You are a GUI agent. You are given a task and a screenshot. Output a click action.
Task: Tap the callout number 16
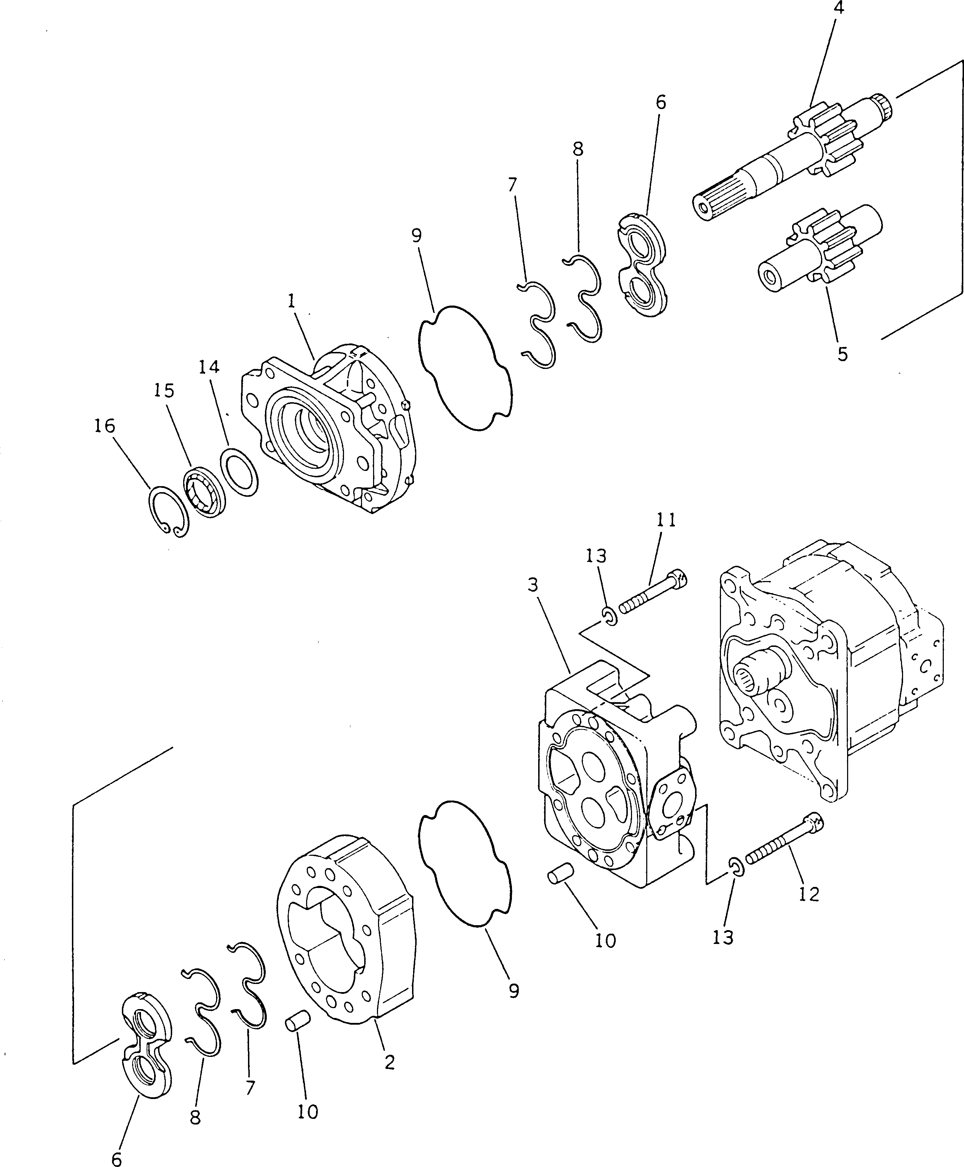point(105,426)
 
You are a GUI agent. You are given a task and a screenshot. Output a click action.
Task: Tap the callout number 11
point(666,520)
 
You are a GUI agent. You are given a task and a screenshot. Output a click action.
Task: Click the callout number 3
point(533,585)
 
